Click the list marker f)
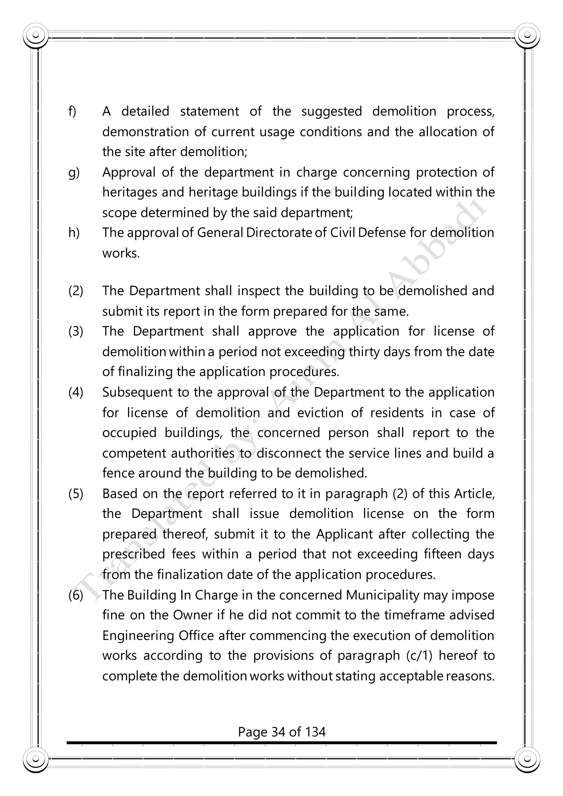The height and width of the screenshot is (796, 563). (x=72, y=112)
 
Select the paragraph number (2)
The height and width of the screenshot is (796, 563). (x=76, y=291)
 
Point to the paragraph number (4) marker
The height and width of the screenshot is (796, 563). (x=76, y=393)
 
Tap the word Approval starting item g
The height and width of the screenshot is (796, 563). (x=129, y=173)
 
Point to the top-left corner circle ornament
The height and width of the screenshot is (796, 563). (x=35, y=35)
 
